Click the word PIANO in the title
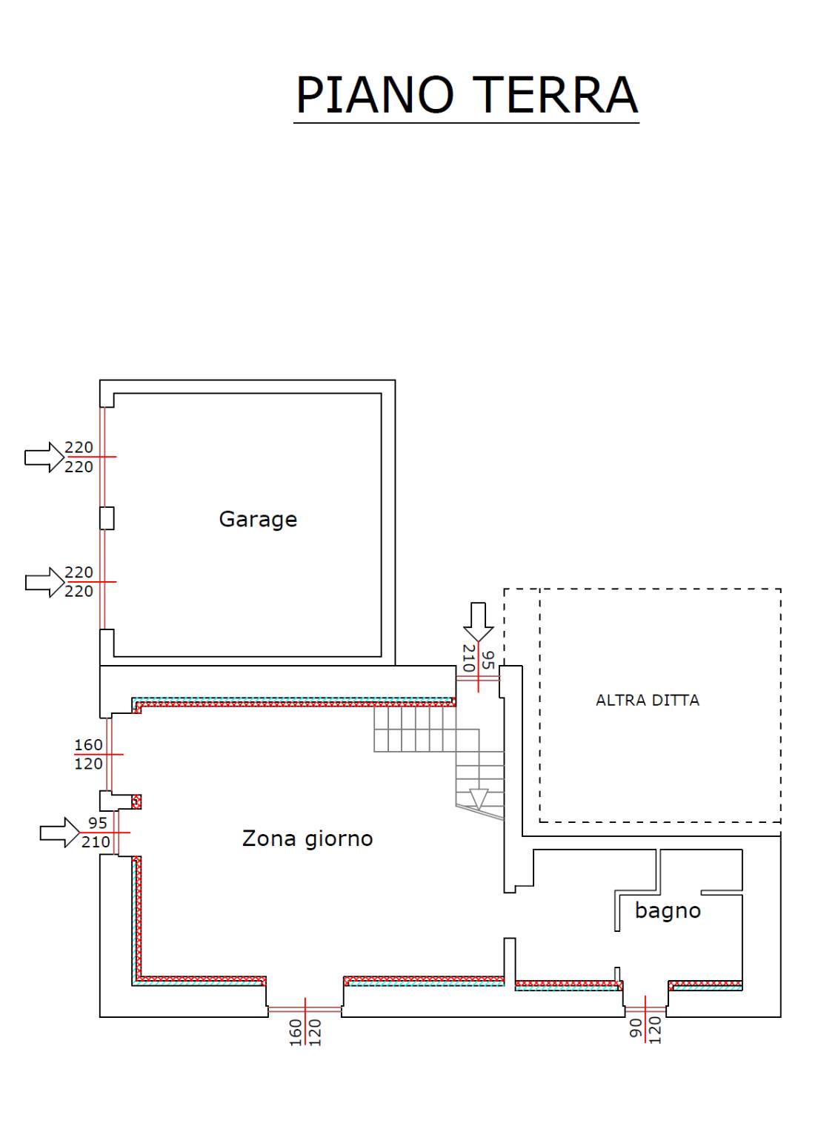(374, 95)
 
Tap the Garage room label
(258, 519)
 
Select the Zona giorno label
(307, 838)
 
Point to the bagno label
(668, 910)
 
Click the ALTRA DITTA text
(648, 700)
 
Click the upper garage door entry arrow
(44, 457)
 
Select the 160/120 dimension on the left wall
(89, 754)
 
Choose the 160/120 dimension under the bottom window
(305, 1032)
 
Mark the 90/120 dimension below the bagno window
(645, 1030)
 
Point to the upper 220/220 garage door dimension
(79, 457)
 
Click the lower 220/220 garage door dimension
(79, 581)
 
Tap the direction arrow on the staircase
(479, 798)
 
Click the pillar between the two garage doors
(107, 518)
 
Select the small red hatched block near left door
(136, 801)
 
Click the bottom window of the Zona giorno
(305, 1009)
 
